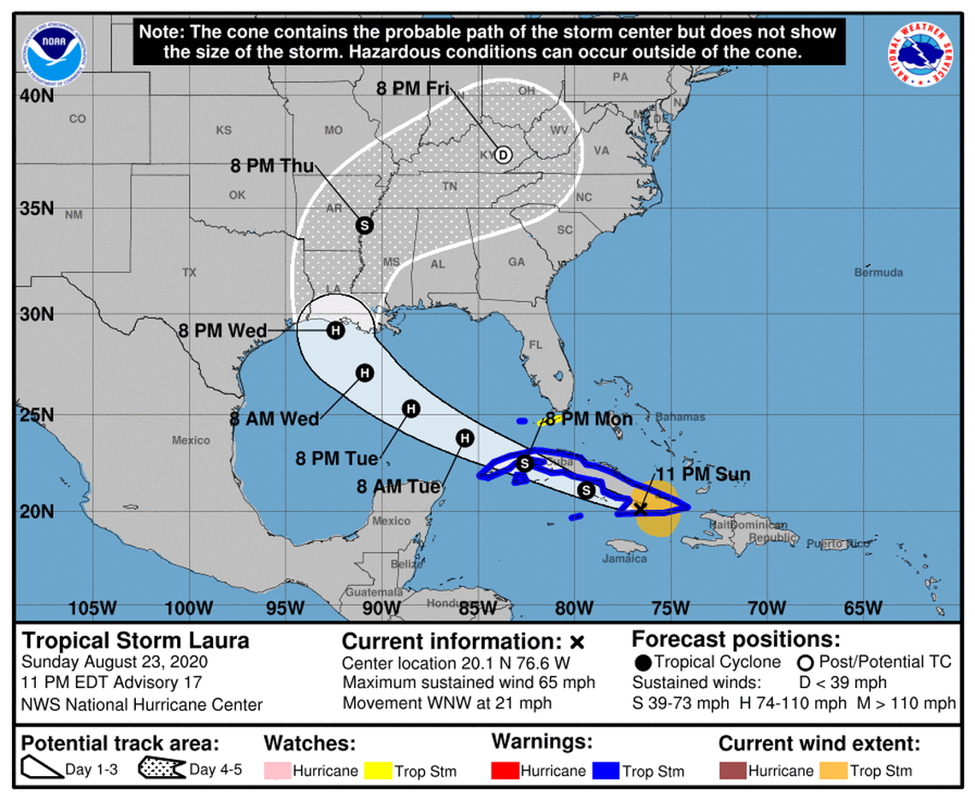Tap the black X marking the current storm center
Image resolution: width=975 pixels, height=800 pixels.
tap(640, 509)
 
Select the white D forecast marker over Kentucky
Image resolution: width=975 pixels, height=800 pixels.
tap(503, 155)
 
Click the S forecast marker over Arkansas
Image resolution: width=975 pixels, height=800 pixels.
tap(364, 225)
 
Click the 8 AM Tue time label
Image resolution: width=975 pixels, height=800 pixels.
tap(399, 487)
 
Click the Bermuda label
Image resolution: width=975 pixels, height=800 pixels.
tap(878, 273)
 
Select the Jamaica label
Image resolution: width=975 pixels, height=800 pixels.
tap(624, 559)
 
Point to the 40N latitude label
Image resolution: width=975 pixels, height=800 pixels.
tap(37, 96)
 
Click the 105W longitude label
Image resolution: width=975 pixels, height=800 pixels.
tap(92, 608)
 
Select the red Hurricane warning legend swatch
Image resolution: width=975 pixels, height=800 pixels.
tap(505, 771)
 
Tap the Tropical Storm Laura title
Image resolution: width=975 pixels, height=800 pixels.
tap(135, 640)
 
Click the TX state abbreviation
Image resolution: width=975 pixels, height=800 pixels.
tap(189, 273)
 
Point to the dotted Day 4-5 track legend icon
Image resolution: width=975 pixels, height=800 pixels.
tap(161, 769)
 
